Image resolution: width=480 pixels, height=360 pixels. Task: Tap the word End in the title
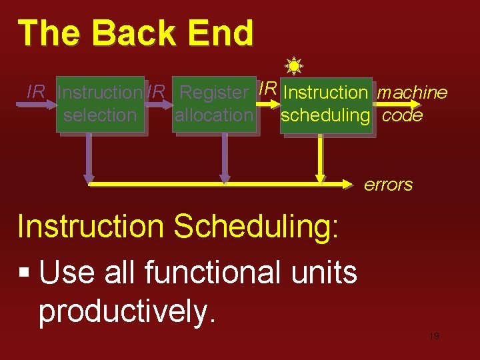click(223, 33)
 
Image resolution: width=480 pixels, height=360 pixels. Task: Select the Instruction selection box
click(100, 105)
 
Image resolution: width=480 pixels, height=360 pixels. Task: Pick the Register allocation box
click(213, 105)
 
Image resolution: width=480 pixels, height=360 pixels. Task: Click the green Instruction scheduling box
click(325, 104)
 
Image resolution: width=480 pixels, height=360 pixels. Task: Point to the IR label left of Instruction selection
click(35, 92)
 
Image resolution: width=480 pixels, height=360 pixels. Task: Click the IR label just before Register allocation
click(157, 92)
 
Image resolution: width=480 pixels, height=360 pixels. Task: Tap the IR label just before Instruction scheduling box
click(268, 88)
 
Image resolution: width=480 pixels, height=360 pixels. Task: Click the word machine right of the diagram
click(412, 93)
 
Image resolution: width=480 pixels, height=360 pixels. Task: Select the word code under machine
click(403, 115)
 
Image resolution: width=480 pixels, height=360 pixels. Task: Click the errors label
click(388, 185)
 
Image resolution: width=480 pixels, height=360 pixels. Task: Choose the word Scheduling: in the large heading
click(257, 227)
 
